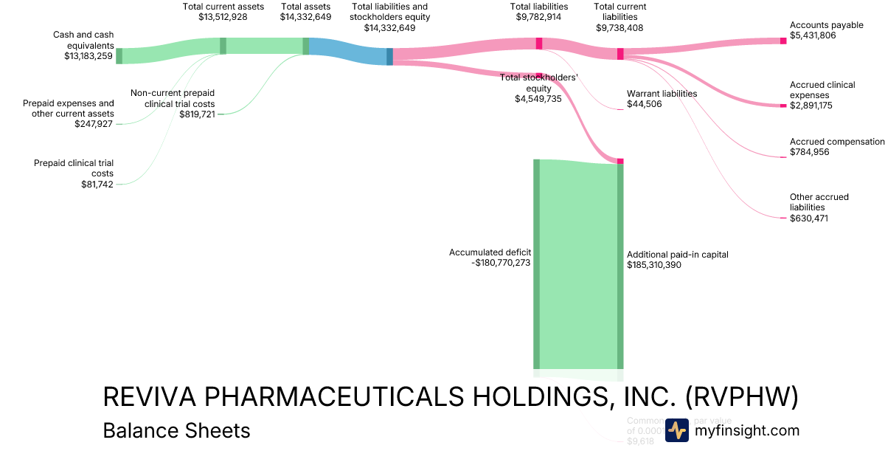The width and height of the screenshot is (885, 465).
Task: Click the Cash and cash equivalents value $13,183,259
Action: coord(88,55)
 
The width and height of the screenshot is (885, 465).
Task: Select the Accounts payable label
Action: coord(826,25)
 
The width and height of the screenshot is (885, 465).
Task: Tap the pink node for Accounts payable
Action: coord(783,41)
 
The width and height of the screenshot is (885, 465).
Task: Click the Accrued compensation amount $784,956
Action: coord(810,153)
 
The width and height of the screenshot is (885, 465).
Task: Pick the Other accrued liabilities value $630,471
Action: coord(810,218)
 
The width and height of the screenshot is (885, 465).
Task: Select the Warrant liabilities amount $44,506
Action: coord(645,104)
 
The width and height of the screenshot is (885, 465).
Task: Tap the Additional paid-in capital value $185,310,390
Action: coord(654,265)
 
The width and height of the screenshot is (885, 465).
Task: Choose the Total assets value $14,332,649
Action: coord(305,17)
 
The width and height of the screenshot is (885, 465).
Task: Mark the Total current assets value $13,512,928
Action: coord(223,17)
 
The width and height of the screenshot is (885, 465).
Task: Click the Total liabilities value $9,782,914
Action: coord(539,17)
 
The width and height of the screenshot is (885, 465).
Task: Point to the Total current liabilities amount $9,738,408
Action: coord(620,27)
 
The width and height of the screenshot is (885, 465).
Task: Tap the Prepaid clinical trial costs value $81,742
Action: coord(97,184)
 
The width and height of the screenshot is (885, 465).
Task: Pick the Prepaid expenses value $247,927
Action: coord(94,124)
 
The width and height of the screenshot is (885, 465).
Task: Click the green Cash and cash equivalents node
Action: coord(119,56)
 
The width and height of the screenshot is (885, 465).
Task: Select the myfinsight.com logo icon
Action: coord(677,430)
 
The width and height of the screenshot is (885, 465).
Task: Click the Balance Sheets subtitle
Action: coord(176,430)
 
